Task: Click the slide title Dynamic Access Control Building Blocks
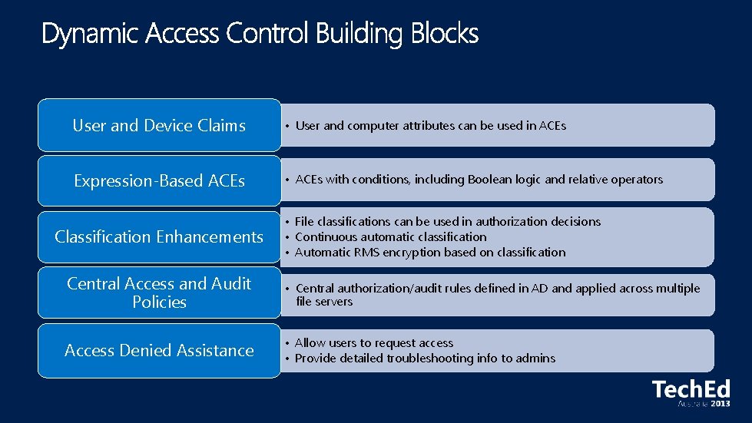coord(260,35)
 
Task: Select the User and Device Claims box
coord(159,125)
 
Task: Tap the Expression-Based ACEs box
coord(159,181)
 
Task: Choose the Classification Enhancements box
coord(159,237)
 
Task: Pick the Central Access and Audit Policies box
coord(159,292)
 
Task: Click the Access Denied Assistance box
coord(159,351)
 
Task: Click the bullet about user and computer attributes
coord(430,125)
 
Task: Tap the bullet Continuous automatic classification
coord(390,236)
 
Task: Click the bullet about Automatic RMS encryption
coord(429,252)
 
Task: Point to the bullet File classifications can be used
coord(447,221)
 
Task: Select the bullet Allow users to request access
coord(373,343)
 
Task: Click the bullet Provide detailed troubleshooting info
coord(425,359)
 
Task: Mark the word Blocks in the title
coord(446,35)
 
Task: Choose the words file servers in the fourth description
coord(324,302)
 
